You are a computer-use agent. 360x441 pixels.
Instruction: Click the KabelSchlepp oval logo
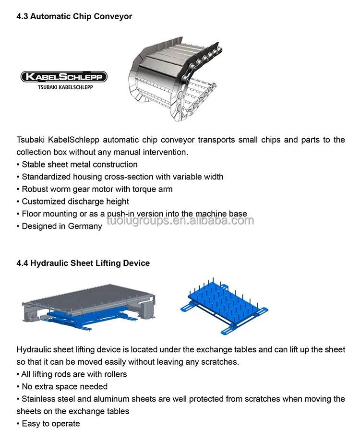[x=63, y=77]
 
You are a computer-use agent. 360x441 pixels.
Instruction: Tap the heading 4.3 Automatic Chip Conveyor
[x=74, y=16]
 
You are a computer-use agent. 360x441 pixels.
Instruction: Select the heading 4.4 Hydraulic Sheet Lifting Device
[x=83, y=263]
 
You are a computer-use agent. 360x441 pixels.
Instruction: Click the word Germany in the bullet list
[x=87, y=226]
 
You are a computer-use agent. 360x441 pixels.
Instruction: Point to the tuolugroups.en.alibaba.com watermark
[x=180, y=221]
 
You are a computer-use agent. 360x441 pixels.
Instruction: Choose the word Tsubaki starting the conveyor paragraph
[x=31, y=140]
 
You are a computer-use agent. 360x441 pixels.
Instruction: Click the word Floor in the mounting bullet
[x=31, y=214]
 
